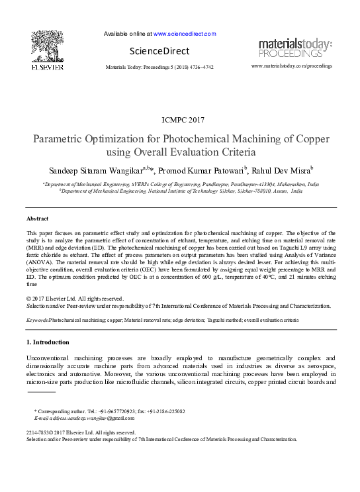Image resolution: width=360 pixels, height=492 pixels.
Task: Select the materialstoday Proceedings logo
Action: [x=295, y=48]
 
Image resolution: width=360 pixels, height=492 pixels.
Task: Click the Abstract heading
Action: [x=37, y=219]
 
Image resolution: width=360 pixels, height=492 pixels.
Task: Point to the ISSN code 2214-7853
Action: [x=39, y=432]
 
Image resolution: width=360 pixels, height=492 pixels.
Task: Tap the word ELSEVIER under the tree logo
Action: [x=46, y=67]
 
